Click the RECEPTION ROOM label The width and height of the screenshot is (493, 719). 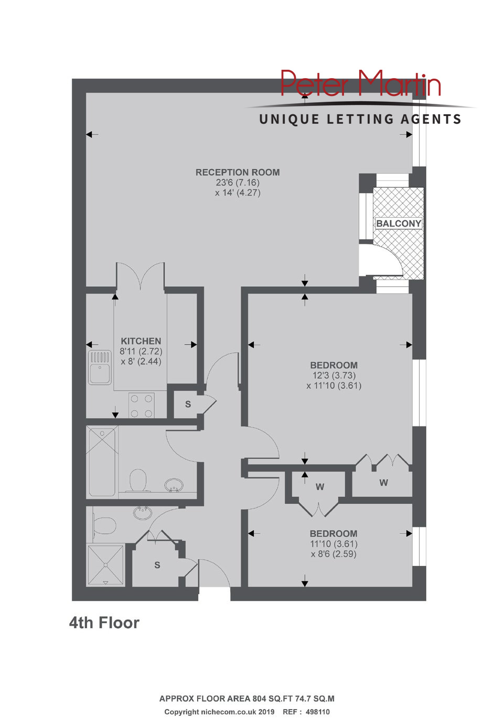pos(238,173)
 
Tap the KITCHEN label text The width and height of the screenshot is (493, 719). pos(141,341)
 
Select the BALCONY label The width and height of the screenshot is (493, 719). pos(398,223)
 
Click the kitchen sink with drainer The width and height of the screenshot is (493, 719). pos(100,367)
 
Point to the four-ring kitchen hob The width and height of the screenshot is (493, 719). pos(142,405)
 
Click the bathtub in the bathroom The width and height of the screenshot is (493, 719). pos(102,462)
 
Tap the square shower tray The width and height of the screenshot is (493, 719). pos(105,565)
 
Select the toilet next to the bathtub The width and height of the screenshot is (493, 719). pos(138,480)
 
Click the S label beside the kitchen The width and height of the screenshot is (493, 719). pos(188,404)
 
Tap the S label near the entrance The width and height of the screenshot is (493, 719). pos(157,565)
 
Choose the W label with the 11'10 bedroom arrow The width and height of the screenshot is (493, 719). pos(320,487)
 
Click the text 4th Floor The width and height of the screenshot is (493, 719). pos(104,623)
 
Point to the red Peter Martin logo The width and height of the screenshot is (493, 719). pos(361,83)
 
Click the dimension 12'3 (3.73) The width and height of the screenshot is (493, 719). pos(334,375)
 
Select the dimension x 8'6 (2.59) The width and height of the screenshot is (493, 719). pos(334,554)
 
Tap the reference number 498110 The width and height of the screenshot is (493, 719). pos(318,711)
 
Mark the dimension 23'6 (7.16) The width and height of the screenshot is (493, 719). pos(238,183)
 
